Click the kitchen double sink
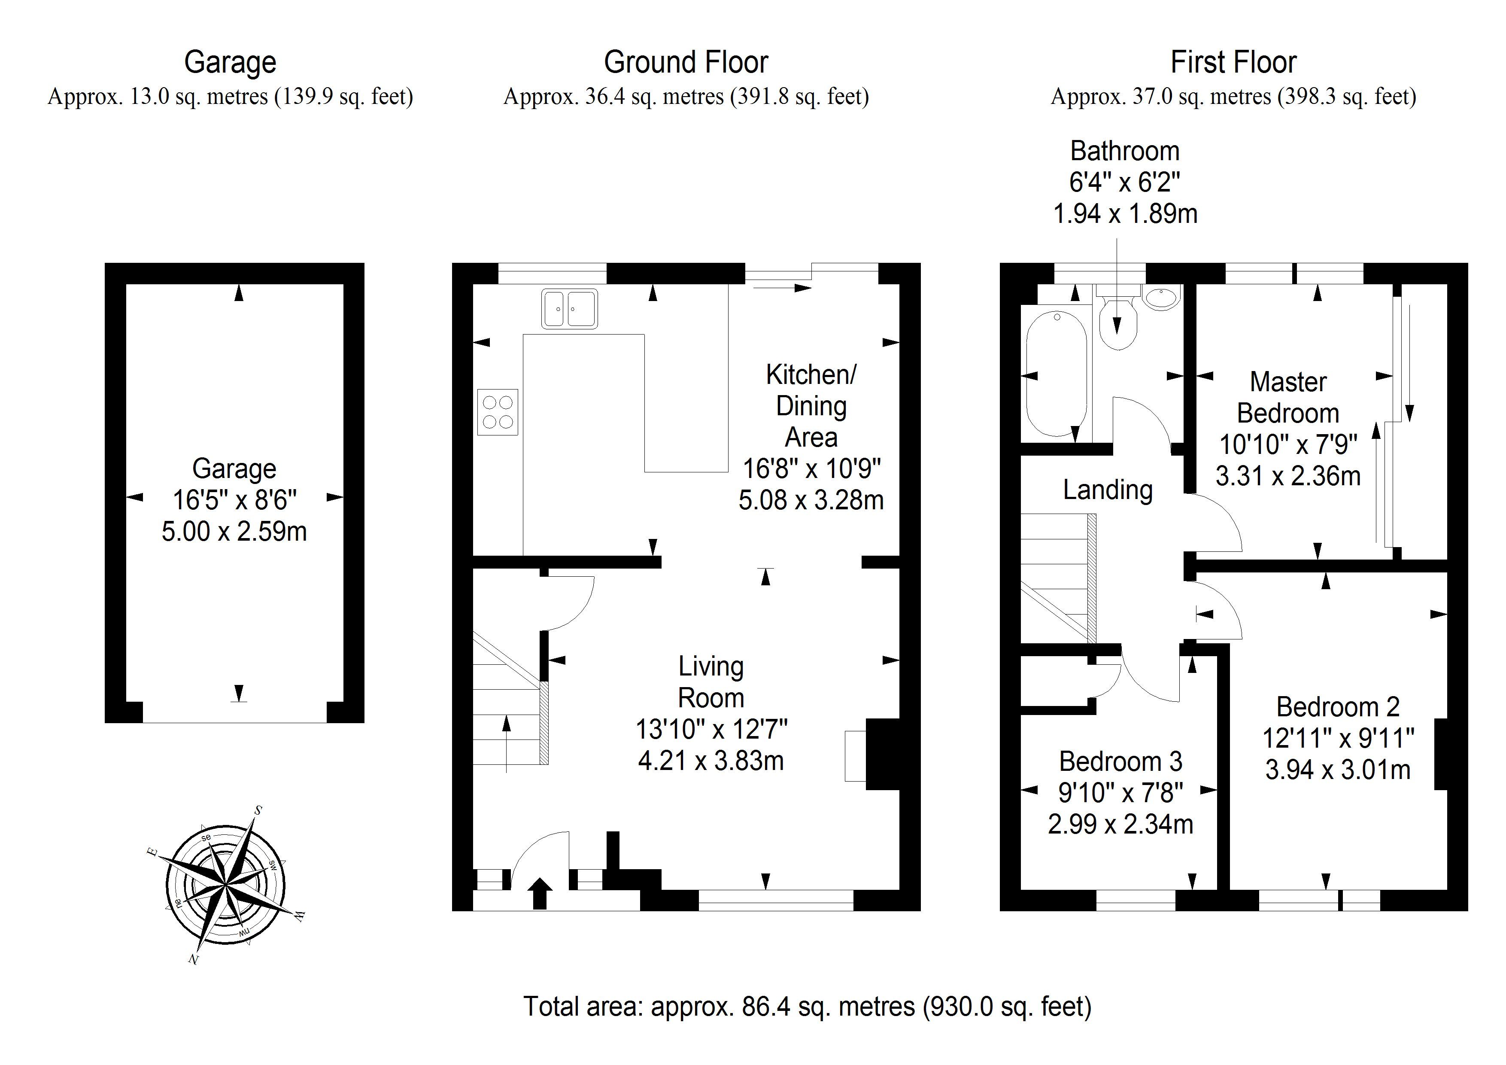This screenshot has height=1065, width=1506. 569,308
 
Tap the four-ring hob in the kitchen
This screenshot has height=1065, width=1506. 497,412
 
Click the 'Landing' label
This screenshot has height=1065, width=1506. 1108,490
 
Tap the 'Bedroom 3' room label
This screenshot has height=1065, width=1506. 1120,761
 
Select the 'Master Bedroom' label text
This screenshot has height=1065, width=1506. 1288,398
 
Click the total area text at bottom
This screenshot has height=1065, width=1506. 807,1006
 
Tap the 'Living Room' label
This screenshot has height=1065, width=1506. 711,682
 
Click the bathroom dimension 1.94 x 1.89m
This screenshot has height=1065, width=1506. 1125,214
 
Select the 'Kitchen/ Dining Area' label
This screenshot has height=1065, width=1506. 811,405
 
